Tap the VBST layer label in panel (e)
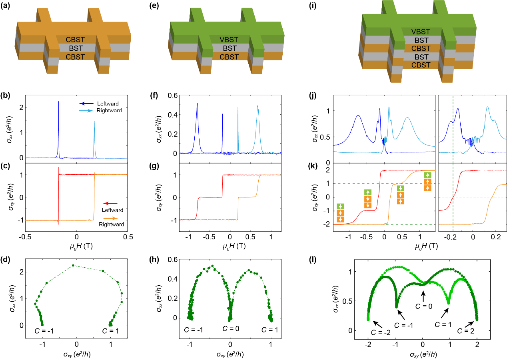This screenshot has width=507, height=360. point(229,40)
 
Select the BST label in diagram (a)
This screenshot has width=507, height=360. point(76,48)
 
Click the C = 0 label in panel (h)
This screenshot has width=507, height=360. point(232,330)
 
